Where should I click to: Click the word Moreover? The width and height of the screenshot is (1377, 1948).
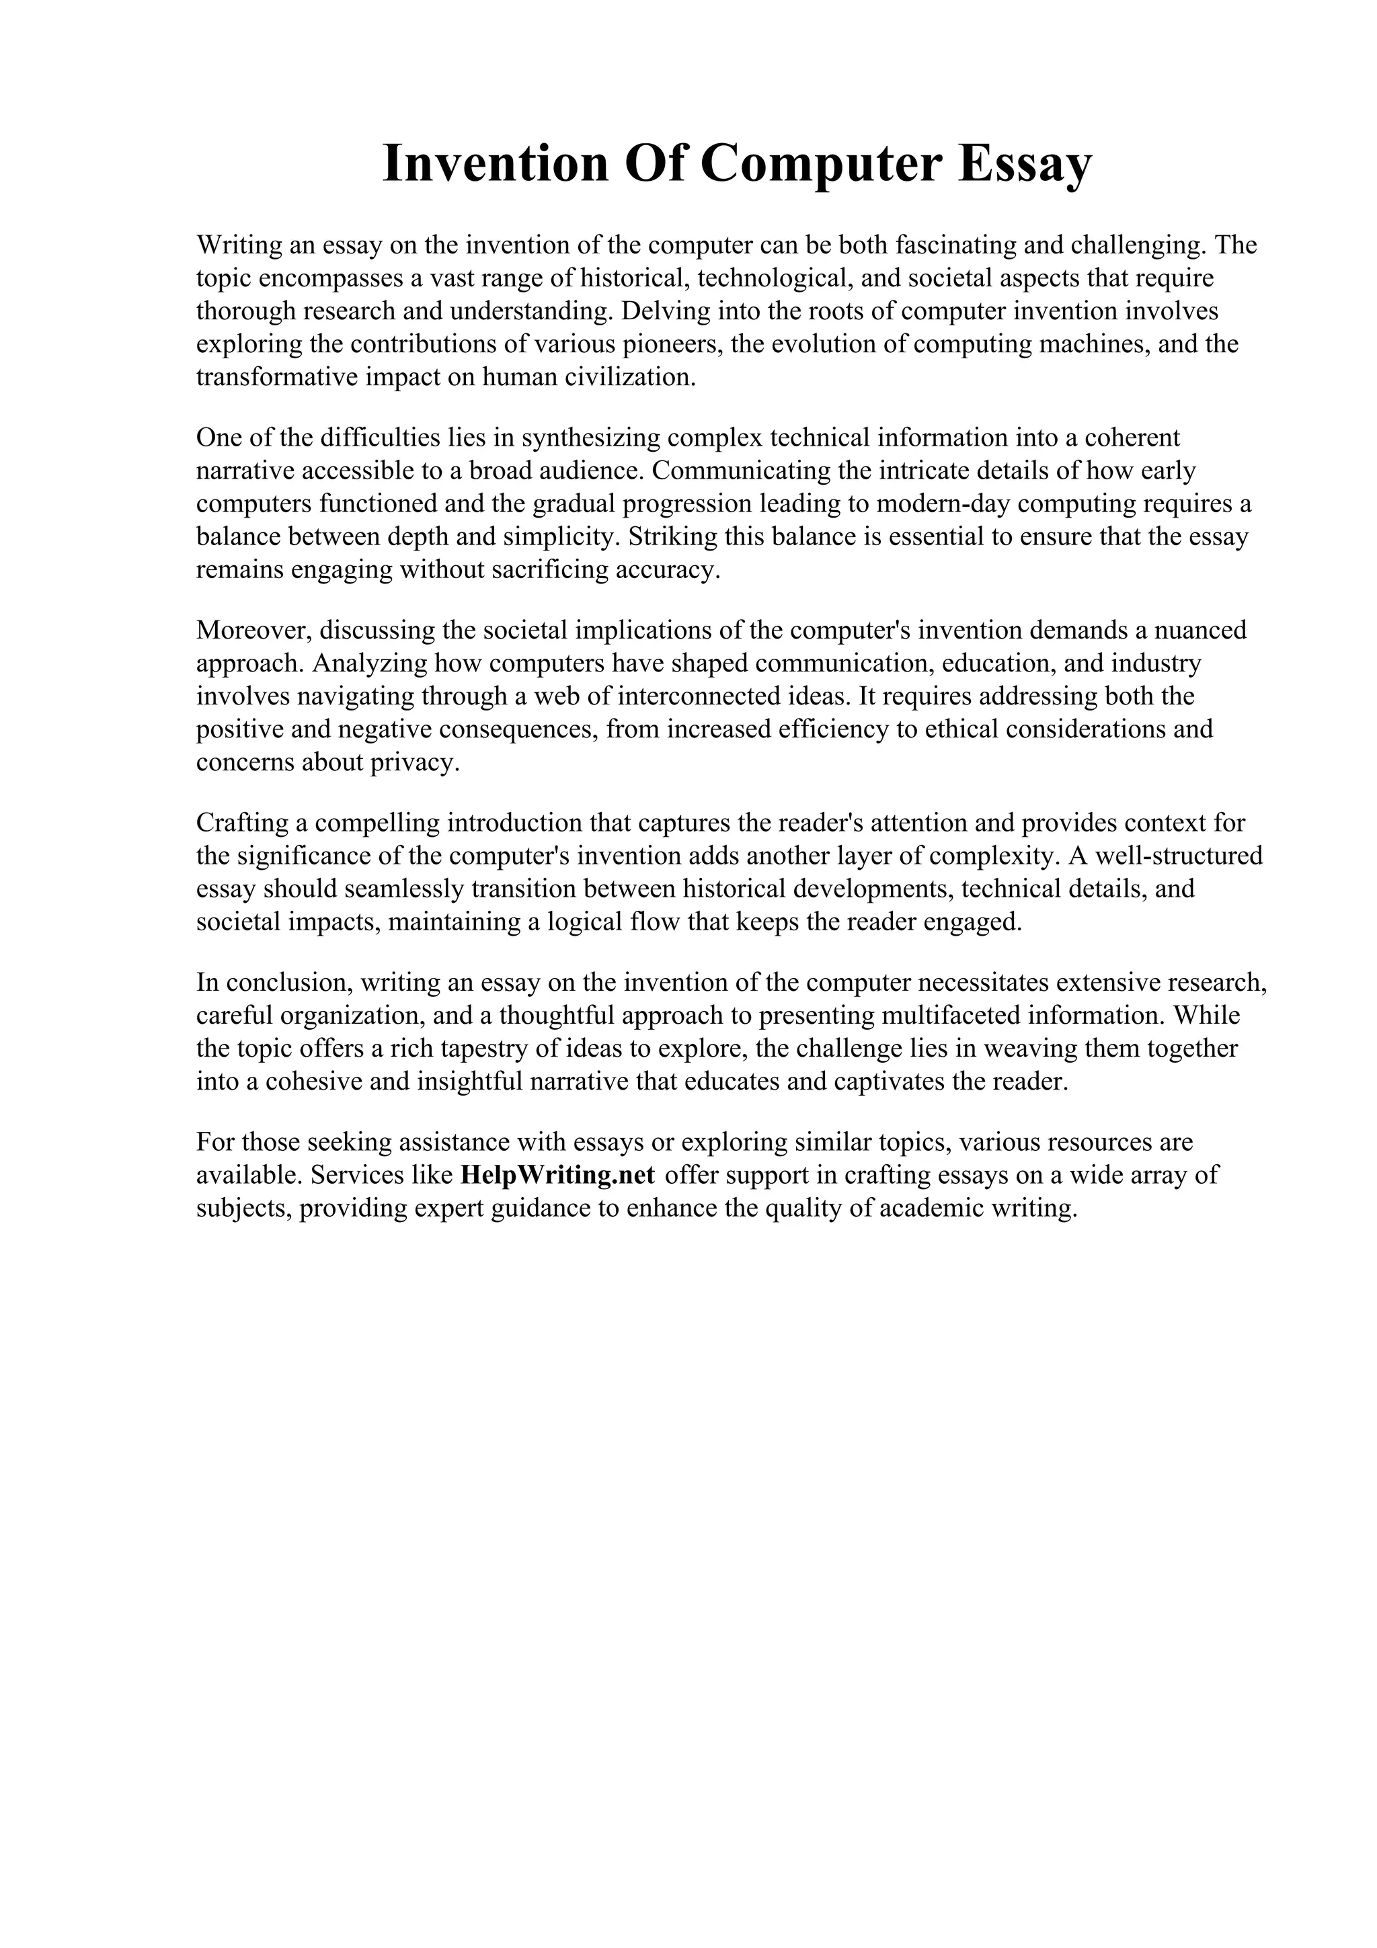[x=255, y=631]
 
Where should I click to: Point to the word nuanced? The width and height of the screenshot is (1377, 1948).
[x=1195, y=631]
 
